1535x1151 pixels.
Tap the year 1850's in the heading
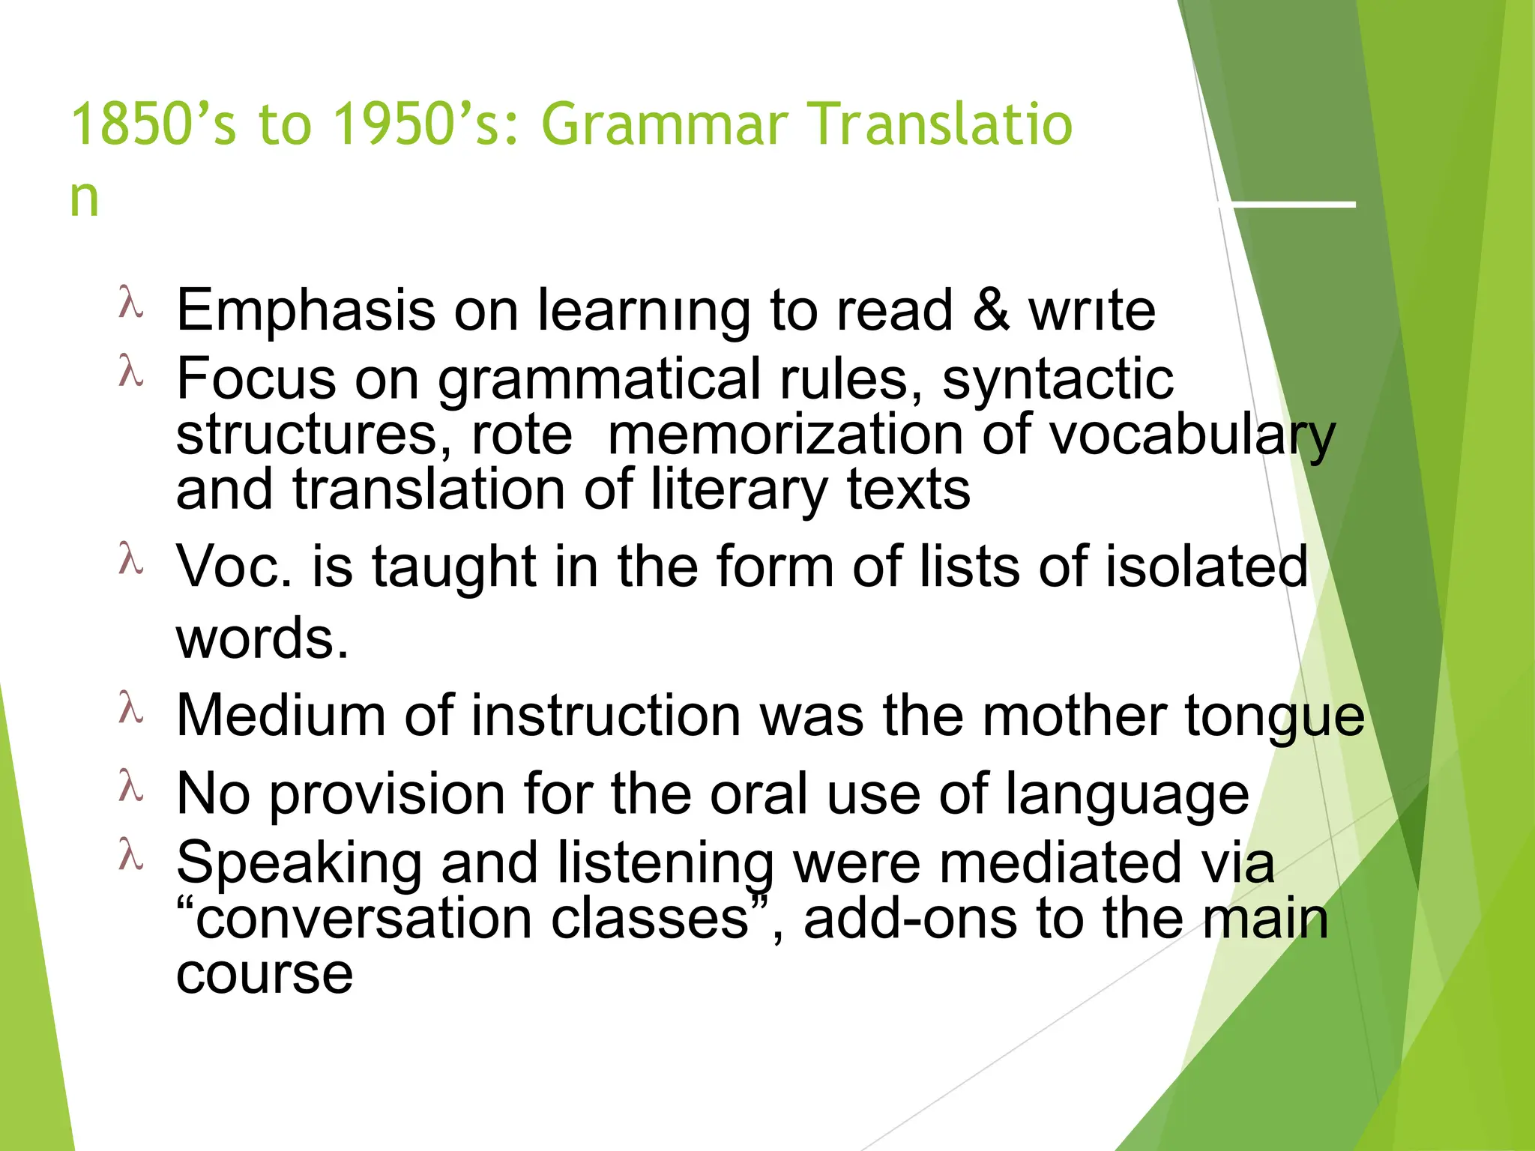click(153, 124)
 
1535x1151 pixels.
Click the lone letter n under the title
click(84, 199)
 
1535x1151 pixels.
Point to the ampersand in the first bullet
click(991, 309)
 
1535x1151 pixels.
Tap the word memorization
click(785, 435)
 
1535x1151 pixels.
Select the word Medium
click(281, 716)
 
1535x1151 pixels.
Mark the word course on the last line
click(264, 975)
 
